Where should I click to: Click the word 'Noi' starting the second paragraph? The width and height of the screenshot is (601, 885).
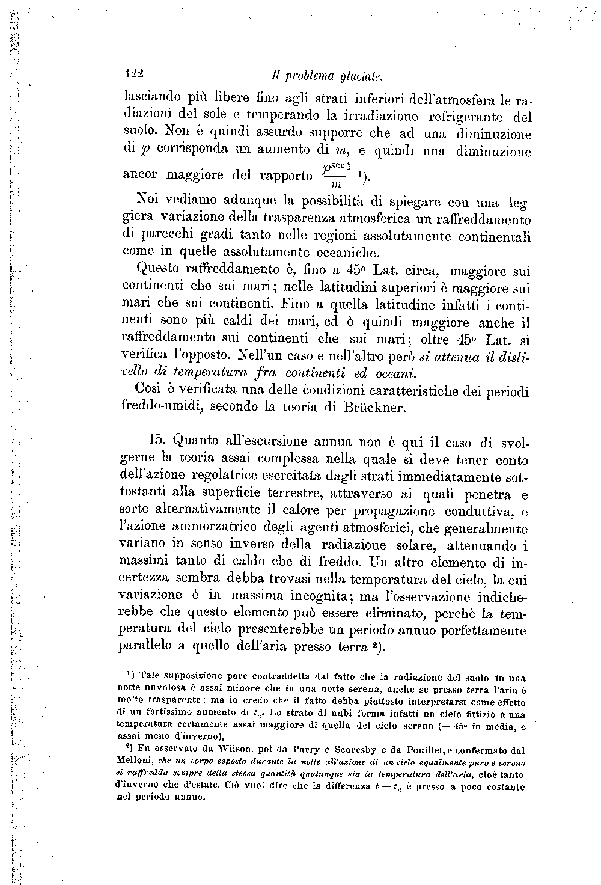147,199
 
